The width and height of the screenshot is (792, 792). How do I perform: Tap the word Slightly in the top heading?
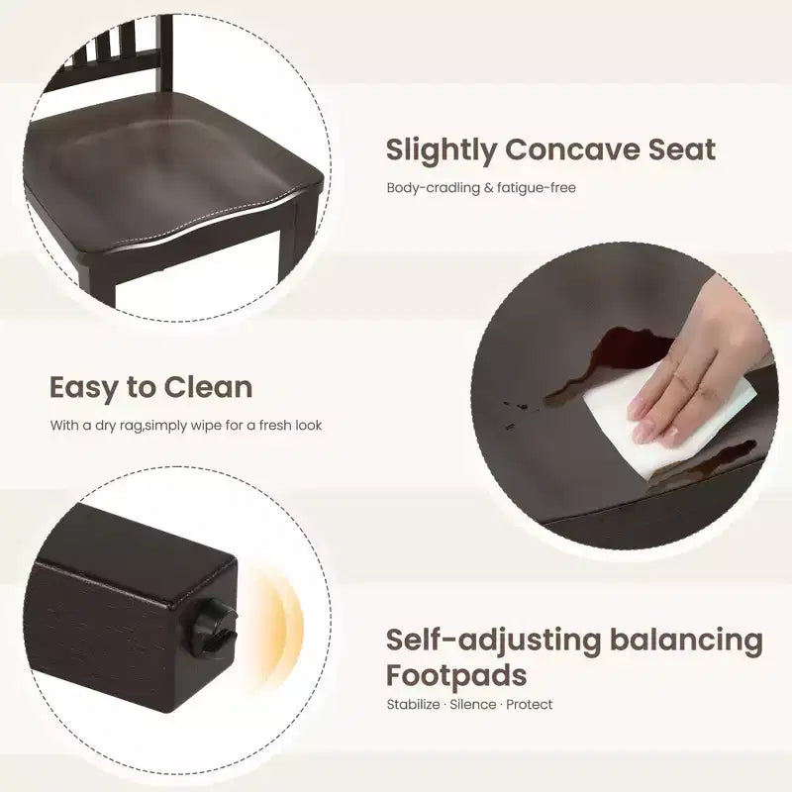point(441,151)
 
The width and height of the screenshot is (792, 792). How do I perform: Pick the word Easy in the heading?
point(83,389)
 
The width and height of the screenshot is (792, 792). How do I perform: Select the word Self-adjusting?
point(493,641)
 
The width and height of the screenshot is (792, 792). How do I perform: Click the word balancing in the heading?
point(686,641)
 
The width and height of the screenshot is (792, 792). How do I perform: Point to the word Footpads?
point(456,675)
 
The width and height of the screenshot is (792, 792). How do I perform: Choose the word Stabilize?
point(413,705)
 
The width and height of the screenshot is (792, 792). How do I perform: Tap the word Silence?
point(473,705)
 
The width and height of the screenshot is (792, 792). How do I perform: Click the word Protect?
point(530,705)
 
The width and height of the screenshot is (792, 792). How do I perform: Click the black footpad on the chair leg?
point(213,628)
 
